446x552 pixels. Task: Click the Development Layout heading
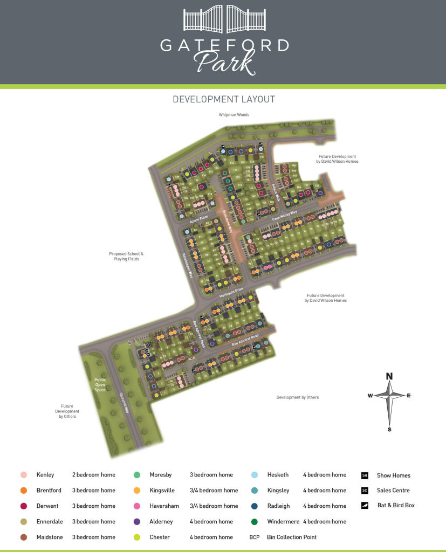coord(223,99)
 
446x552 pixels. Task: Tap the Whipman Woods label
coord(234,115)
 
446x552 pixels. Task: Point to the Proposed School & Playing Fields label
coord(126,257)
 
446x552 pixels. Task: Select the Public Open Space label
coord(100,384)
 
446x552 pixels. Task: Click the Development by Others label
coord(297,397)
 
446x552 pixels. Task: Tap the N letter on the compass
coord(389,376)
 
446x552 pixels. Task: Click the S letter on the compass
coord(389,429)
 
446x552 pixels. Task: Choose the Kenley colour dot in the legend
coord(23,475)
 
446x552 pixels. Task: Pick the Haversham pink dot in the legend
coord(137,506)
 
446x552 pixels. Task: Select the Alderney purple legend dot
coord(137,521)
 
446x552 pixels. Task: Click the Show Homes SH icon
coord(365,475)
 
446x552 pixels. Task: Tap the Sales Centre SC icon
coord(365,491)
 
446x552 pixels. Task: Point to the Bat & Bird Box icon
coord(365,506)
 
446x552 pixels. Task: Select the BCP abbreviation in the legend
coord(255,537)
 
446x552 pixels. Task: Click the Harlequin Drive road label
coord(231,294)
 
